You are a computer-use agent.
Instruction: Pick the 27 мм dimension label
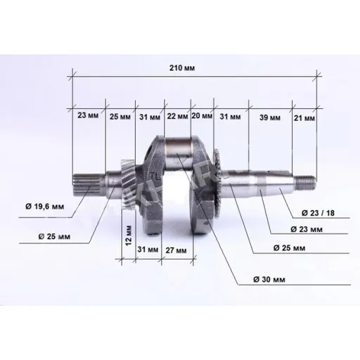(x=175, y=250)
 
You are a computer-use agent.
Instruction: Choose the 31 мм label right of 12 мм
(x=148, y=250)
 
